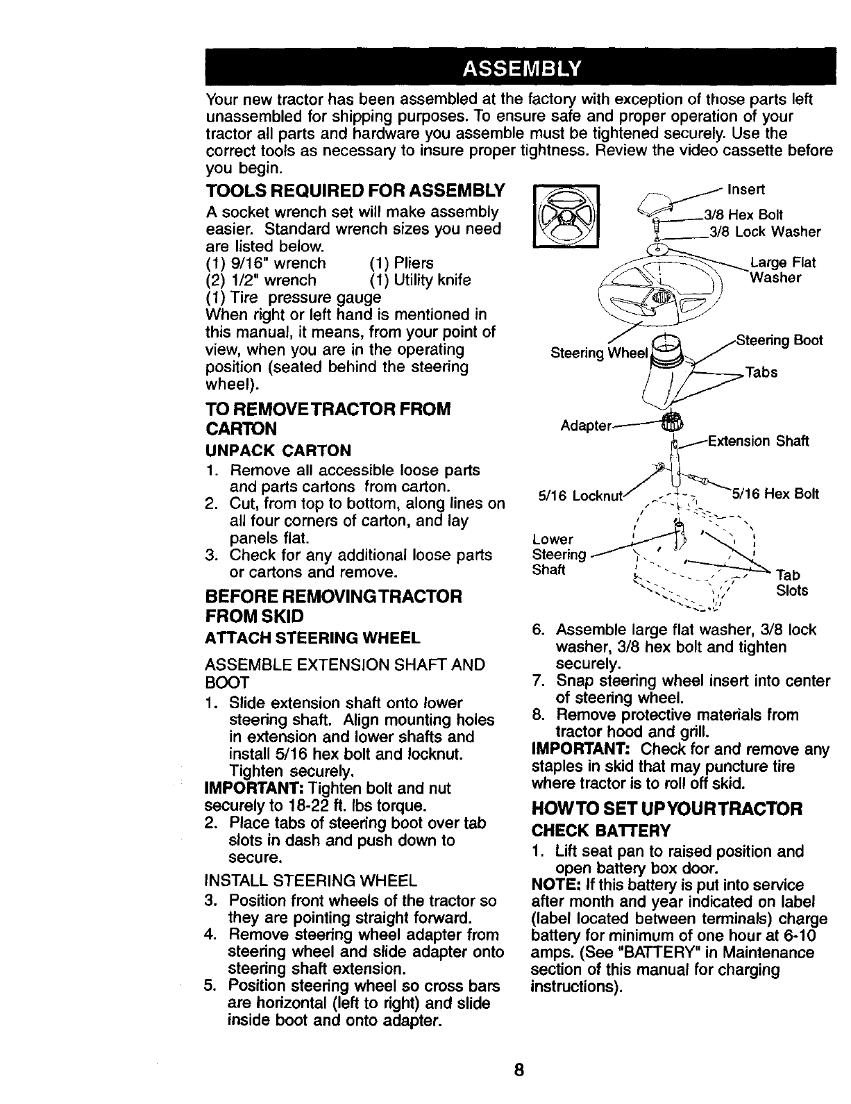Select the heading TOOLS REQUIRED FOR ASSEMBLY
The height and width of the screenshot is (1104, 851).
point(355,191)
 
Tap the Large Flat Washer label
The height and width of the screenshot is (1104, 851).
point(783,270)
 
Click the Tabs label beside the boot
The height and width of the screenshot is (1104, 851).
point(761,372)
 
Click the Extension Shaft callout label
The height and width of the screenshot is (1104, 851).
point(757,441)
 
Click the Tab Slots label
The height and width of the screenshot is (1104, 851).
point(791,583)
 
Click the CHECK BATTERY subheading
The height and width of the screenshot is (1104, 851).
point(600,830)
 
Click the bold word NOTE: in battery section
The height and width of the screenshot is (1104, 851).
point(553,885)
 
